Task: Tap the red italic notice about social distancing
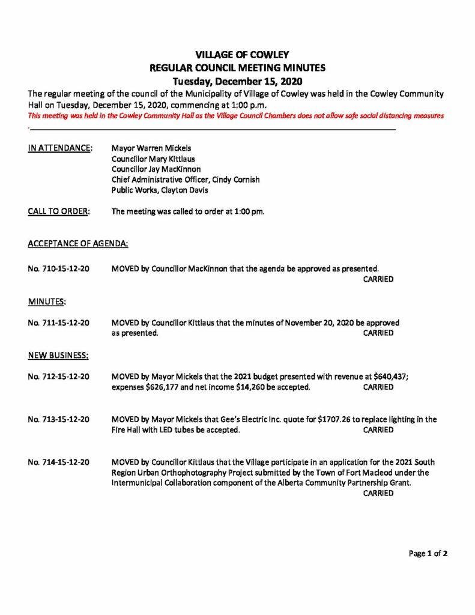pos(236,116)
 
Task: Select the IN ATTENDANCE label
pos(60,148)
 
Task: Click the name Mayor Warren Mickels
pos(152,148)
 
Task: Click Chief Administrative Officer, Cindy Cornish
pos(186,180)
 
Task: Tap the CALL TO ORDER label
pos(59,211)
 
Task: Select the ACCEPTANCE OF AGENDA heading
pos(77,244)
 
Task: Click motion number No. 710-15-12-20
pos(59,269)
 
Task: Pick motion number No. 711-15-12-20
pos(59,323)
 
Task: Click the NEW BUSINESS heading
pos(58,355)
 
